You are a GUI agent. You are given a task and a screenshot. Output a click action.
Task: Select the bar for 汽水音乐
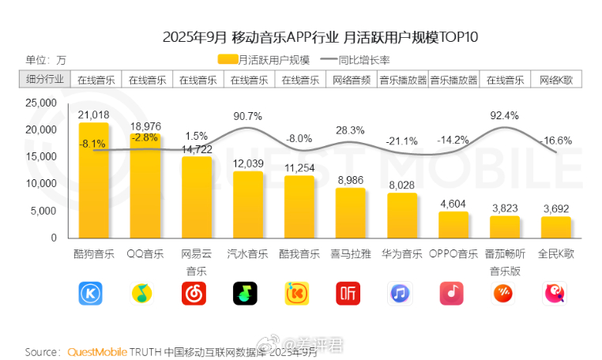click(247, 204)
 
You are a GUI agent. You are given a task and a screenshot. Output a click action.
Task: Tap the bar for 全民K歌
click(556, 227)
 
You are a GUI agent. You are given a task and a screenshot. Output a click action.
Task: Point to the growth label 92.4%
click(504, 115)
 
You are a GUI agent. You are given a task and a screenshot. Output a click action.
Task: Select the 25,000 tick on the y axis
click(40, 103)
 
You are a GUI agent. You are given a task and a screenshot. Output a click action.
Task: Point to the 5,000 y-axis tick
click(43, 211)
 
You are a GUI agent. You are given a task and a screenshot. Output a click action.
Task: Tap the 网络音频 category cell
click(351, 80)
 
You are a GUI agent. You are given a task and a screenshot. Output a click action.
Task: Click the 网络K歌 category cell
click(556, 80)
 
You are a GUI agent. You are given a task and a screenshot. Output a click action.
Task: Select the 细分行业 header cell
click(45, 80)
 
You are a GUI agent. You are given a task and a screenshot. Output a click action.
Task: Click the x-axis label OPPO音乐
click(453, 254)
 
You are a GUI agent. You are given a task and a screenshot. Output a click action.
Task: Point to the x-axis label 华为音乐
click(401, 254)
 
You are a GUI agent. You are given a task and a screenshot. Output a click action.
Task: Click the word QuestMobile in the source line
click(97, 351)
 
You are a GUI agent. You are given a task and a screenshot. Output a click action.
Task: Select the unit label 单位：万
click(46, 60)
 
